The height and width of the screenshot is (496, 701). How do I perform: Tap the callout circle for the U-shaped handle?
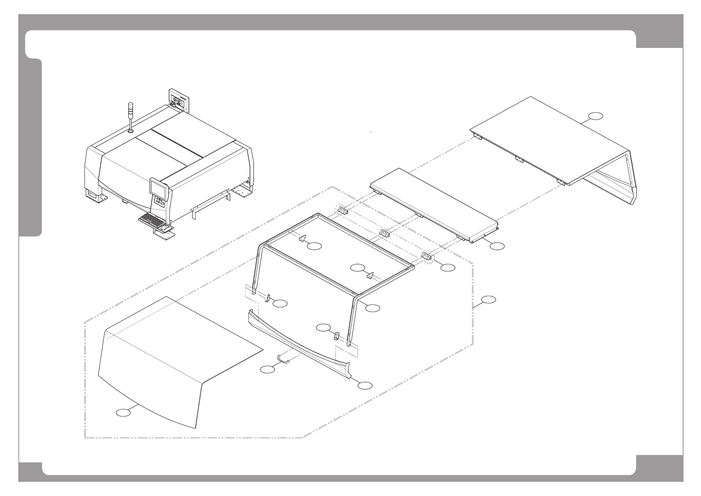click(x=268, y=369)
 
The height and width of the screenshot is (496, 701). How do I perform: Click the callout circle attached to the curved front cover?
click(x=123, y=413)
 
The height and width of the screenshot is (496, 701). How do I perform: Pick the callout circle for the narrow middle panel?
click(x=496, y=246)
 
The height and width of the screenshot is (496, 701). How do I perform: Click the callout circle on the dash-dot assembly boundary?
click(x=488, y=299)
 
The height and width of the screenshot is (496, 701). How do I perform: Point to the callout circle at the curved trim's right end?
click(x=365, y=385)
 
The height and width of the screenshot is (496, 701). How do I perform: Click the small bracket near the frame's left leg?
click(x=269, y=298)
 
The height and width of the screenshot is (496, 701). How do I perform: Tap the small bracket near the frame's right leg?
click(x=336, y=335)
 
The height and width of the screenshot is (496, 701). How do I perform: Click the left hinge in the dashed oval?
click(x=342, y=210)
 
